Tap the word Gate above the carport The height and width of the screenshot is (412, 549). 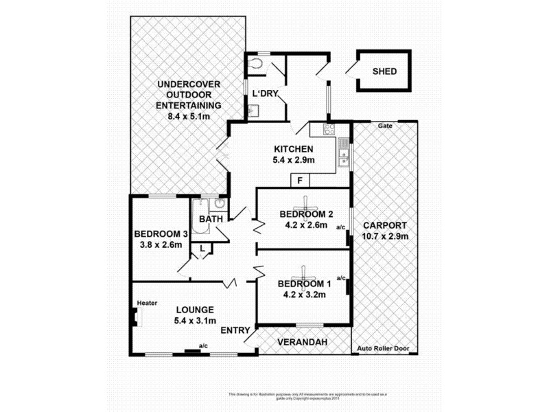(x=384, y=126)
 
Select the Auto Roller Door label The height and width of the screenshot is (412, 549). (x=383, y=349)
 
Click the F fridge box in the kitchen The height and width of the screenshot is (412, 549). (x=300, y=181)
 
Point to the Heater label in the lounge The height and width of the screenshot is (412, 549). (x=147, y=303)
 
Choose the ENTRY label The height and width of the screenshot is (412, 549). (x=235, y=331)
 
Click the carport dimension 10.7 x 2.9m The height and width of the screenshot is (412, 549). (x=385, y=236)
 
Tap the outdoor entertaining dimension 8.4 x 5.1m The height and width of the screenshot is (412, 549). (x=188, y=117)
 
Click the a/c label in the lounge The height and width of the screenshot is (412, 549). (x=203, y=345)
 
